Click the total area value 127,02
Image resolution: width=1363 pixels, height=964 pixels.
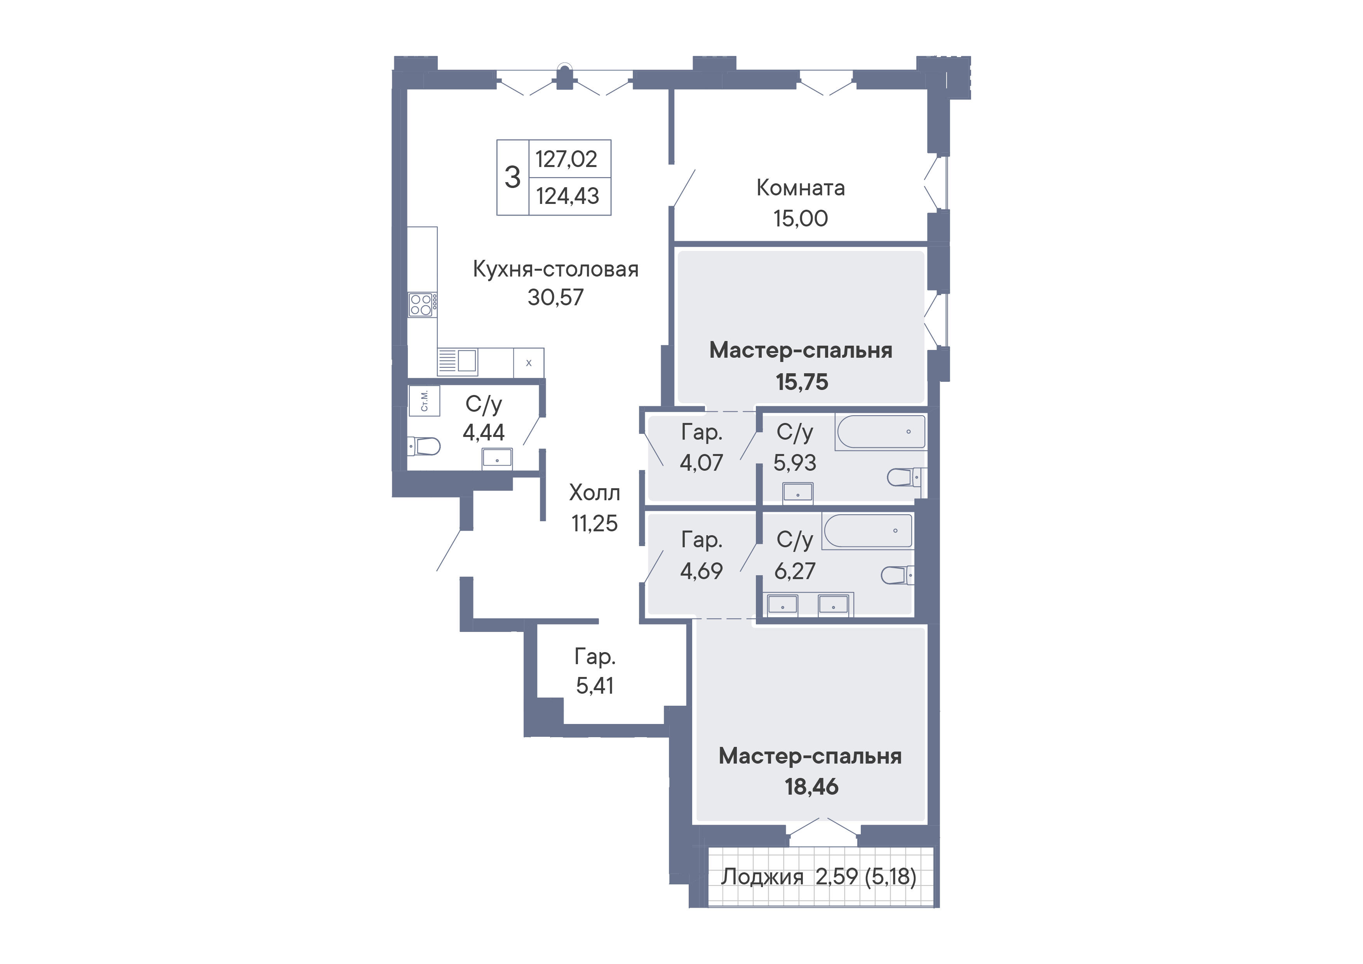[x=566, y=159]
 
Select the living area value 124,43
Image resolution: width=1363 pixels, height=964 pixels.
[x=567, y=196]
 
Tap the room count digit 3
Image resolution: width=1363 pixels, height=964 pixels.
[x=512, y=177]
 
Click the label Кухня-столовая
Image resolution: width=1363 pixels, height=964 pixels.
[x=555, y=269]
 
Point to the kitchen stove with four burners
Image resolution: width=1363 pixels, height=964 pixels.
[x=422, y=305]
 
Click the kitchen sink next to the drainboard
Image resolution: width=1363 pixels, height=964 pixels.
[x=467, y=360]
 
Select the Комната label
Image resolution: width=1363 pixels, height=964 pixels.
[x=800, y=188]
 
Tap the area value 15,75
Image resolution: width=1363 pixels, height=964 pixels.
[x=801, y=382]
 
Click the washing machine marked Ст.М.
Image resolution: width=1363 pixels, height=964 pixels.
[x=424, y=401]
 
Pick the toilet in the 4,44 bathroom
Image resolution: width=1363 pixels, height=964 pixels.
[x=424, y=446]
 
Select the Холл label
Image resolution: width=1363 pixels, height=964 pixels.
[x=594, y=493]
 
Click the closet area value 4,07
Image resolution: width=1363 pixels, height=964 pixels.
[x=701, y=463]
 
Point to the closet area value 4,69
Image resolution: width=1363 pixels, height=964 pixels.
[x=701, y=571]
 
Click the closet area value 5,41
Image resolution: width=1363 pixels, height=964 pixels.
[x=595, y=686]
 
